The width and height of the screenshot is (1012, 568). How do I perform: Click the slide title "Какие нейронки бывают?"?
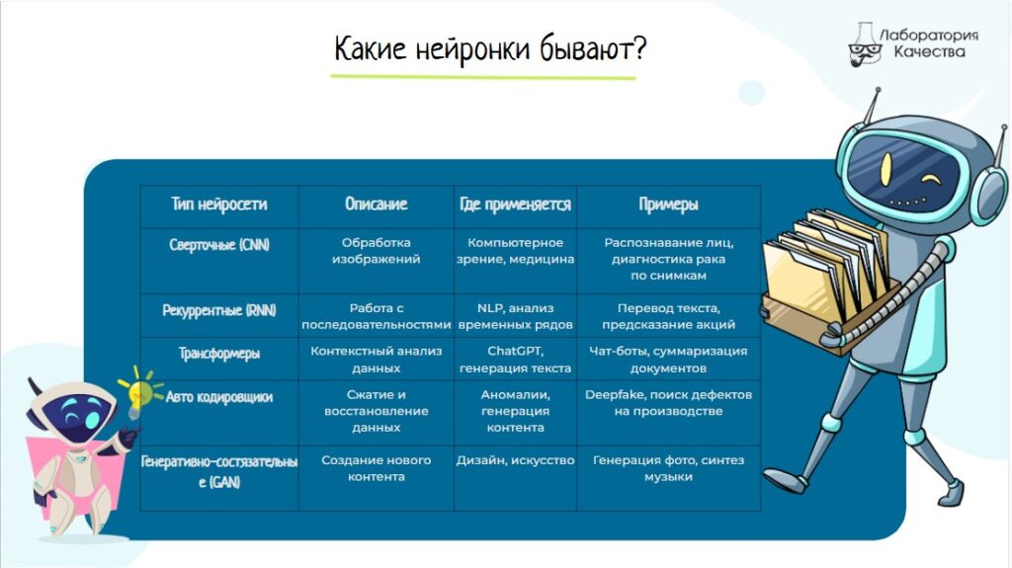pos(490,49)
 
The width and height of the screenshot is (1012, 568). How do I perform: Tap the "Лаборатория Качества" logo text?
pos(929,43)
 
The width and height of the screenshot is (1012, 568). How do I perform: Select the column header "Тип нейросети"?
pos(218,204)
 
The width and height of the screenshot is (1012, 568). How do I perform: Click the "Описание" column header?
pos(377,204)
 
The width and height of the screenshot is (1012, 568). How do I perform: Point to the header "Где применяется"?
pos(515,204)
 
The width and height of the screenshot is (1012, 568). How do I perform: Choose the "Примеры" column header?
pos(669,204)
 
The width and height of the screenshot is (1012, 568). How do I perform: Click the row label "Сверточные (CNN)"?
pos(218,245)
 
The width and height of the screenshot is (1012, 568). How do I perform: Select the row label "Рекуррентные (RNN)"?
pos(218,310)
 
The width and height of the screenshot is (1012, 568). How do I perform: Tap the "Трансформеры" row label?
pos(218,354)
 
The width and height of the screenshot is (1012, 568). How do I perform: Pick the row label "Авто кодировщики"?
pos(218,397)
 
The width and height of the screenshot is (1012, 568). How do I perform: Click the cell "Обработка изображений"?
pos(377,251)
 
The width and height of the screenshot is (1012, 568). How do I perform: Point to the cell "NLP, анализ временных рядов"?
pos(515,316)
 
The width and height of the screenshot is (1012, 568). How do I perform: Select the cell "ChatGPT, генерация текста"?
pos(515,360)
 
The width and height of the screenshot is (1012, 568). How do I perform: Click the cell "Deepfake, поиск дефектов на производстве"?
pos(669,403)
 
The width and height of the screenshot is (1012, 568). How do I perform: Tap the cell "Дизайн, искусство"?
pos(515,460)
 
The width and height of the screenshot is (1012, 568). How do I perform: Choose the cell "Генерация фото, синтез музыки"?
pos(669,468)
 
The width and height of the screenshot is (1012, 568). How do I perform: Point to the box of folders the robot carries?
pos(828,281)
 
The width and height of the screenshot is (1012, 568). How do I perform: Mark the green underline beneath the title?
pos(482,77)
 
